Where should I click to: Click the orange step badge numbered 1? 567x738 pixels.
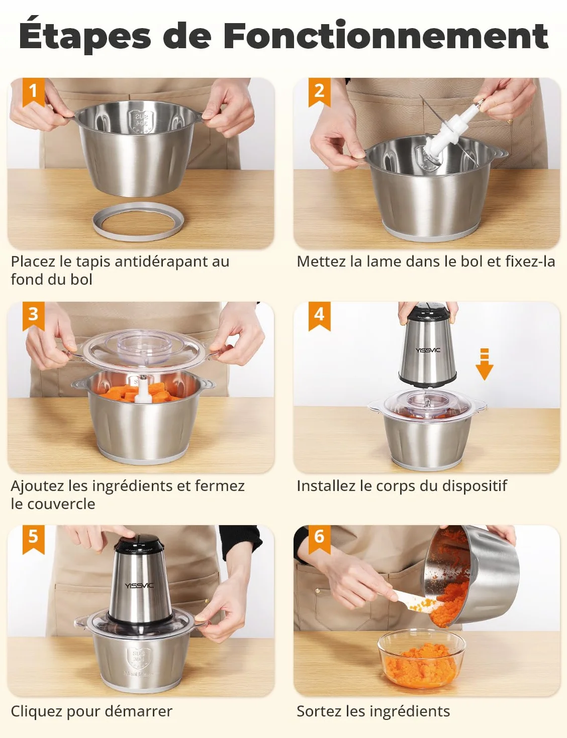coord(33,92)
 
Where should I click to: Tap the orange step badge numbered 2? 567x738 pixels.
coord(319,92)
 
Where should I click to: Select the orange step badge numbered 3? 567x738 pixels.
coord(33,316)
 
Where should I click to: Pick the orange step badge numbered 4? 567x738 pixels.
coord(319,316)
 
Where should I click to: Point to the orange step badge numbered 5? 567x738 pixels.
coord(33,540)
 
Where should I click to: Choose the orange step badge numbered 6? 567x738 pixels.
coord(319,540)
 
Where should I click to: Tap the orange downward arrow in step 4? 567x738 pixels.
coord(485,364)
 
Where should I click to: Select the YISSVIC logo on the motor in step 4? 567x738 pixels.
coord(428,350)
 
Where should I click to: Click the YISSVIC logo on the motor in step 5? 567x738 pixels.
coord(139,585)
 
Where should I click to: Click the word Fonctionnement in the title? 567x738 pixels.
coord(386,35)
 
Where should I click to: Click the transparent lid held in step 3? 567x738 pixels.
coord(141,350)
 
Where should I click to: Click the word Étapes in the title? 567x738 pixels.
coord(84,35)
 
